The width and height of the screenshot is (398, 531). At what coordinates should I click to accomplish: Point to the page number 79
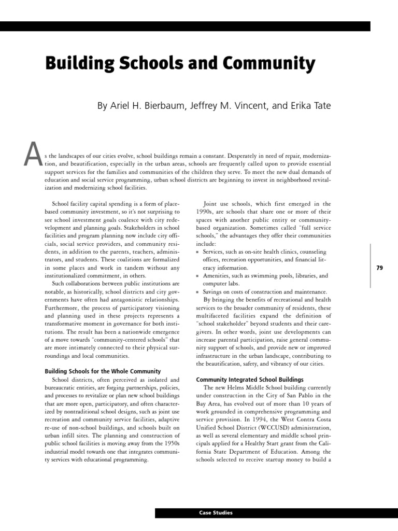[x=379, y=268]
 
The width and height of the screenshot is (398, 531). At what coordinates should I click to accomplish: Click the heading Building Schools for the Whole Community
[x=103, y=371]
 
